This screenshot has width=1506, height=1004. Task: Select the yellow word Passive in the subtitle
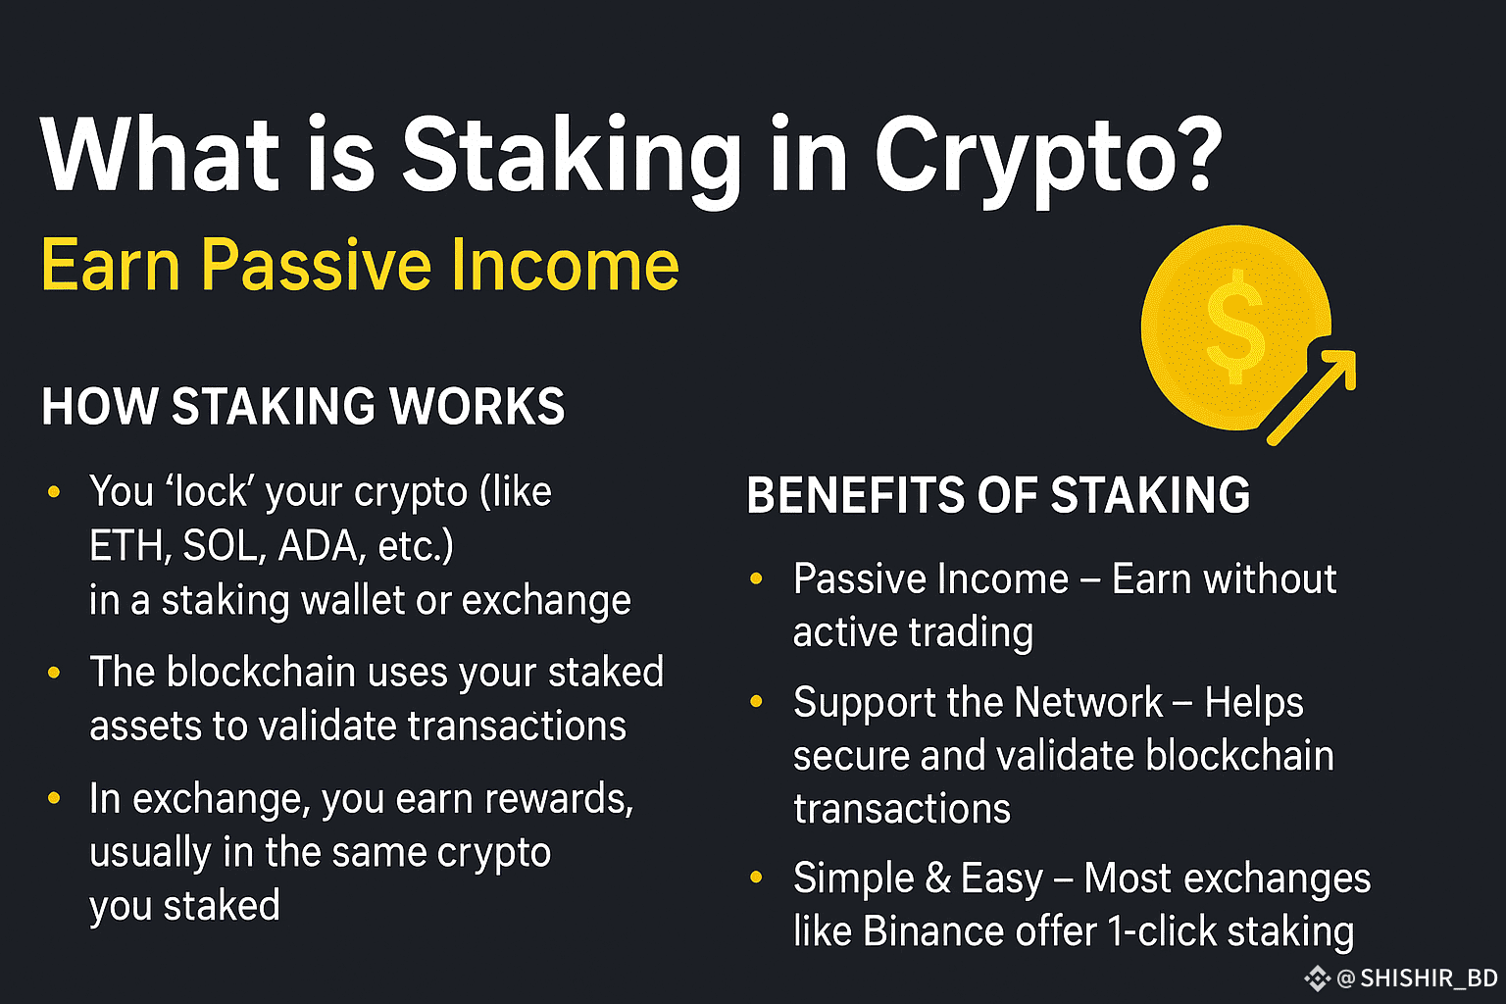click(x=316, y=265)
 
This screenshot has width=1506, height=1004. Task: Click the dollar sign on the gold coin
click(x=1235, y=326)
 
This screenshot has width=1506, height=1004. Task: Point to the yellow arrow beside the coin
click(x=1311, y=397)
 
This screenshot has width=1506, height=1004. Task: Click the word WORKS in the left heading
click(x=477, y=406)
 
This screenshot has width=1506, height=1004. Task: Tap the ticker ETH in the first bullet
click(x=125, y=545)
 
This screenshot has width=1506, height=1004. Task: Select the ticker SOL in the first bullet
click(x=221, y=545)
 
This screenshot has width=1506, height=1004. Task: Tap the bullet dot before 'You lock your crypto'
click(x=55, y=491)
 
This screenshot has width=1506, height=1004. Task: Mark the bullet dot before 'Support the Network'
click(x=756, y=701)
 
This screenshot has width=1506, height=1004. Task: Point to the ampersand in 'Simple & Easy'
click(x=937, y=878)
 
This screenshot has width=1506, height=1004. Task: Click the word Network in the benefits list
click(x=1088, y=703)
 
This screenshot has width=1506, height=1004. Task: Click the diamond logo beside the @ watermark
click(x=1317, y=979)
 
